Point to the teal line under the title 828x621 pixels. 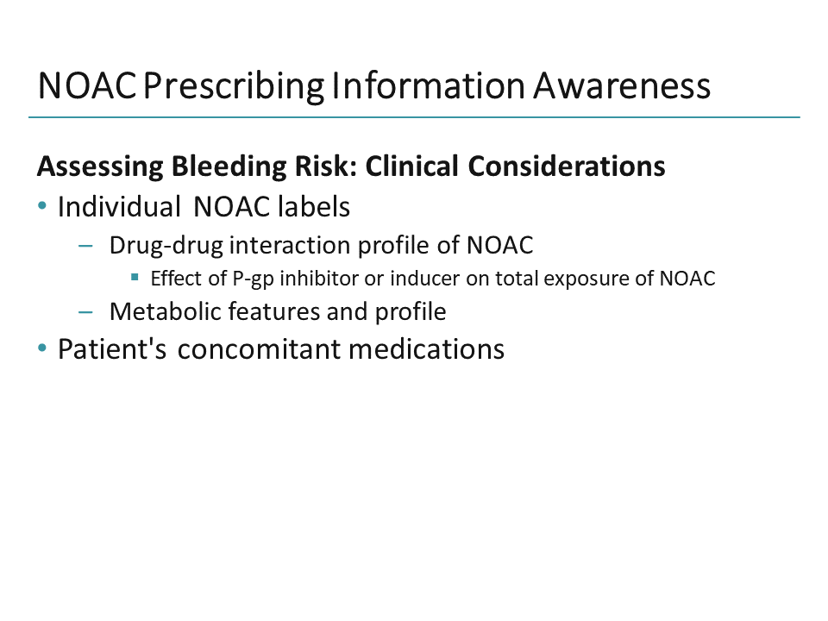414,116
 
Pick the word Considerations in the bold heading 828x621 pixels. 567,166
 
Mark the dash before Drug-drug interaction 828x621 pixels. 85,246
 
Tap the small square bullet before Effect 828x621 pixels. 135,278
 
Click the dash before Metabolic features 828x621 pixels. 85,311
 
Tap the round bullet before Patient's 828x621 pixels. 43,349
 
